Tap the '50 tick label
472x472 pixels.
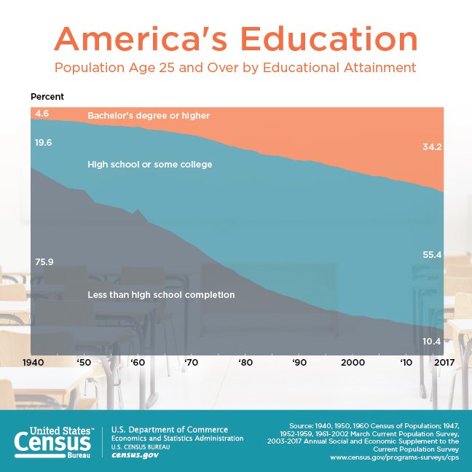[x=83, y=362]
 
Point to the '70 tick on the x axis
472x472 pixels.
[x=191, y=362]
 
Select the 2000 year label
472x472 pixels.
[x=353, y=362]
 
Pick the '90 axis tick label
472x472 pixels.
[x=299, y=362]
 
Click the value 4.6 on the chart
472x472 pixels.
[x=42, y=114]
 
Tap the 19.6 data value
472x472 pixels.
[x=44, y=143]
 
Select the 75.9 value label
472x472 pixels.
[x=44, y=262]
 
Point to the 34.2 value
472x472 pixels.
[x=433, y=147]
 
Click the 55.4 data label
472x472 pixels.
[x=433, y=254]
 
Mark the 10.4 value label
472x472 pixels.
[x=433, y=341]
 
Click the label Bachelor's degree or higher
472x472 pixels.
[x=149, y=115]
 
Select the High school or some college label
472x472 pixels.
[x=150, y=165]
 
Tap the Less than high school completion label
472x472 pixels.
[x=161, y=295]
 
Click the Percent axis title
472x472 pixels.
[x=47, y=97]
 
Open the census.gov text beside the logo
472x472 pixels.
[x=135, y=455]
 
